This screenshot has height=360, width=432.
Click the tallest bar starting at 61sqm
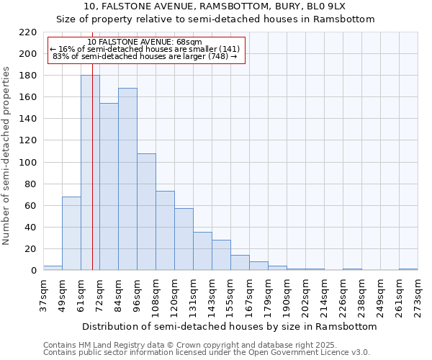90,173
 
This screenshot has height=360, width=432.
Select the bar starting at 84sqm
127,179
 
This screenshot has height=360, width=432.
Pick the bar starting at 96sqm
146,212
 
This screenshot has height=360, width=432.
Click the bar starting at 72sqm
109,186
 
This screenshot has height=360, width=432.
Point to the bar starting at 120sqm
184,239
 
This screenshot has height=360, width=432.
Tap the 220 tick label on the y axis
29,32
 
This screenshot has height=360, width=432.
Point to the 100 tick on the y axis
29,163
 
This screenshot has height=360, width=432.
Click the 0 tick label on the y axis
34,271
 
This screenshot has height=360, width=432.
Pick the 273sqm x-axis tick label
418,295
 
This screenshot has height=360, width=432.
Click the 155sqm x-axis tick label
230,295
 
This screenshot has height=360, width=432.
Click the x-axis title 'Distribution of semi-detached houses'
229,326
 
